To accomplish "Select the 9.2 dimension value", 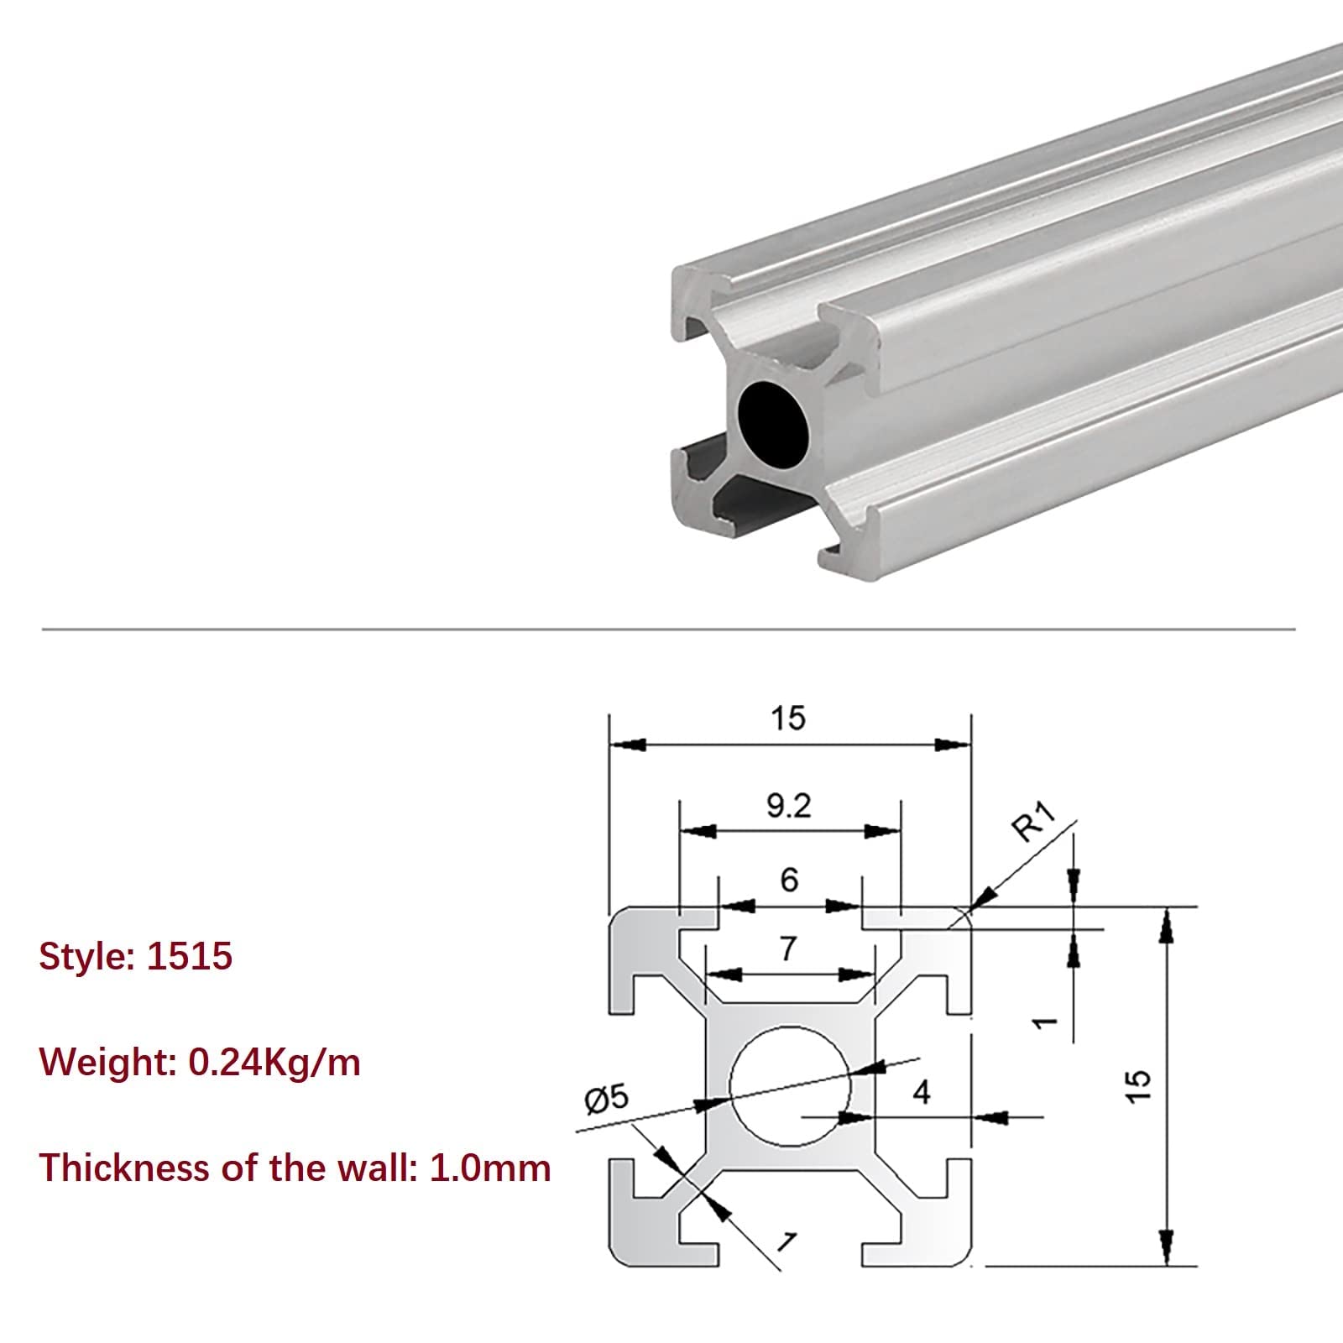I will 789,807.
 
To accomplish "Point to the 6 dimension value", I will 789,880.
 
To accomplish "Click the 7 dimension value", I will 787,948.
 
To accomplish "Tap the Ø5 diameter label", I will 606,1100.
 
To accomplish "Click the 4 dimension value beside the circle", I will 922,1092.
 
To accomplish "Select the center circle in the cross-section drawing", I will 790,1086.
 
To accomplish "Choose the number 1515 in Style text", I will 189,957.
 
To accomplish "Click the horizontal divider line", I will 668,629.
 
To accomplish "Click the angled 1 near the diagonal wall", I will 786,1240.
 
